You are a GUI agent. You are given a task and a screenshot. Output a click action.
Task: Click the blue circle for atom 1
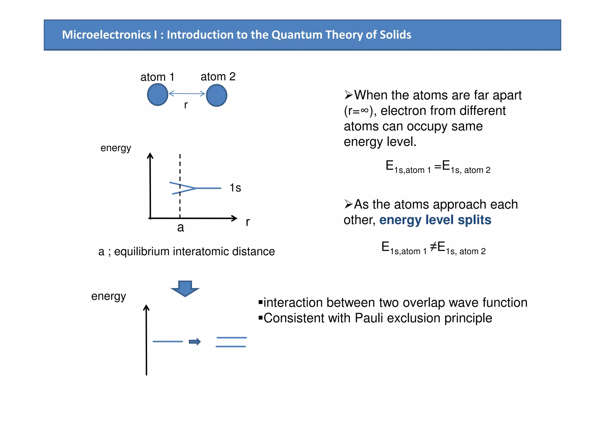tap(158, 94)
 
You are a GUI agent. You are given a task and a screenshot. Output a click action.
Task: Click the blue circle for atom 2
tap(217, 95)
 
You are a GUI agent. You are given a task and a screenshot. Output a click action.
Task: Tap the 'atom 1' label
tap(157, 77)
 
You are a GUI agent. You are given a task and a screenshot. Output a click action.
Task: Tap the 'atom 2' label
tap(218, 77)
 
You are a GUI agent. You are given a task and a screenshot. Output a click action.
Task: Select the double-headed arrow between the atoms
tap(187, 94)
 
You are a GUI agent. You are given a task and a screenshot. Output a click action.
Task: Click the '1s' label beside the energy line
tap(235, 188)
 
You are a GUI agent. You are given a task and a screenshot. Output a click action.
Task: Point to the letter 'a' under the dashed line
tap(180, 228)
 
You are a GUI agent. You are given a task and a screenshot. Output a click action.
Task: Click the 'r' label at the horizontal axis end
tap(248, 222)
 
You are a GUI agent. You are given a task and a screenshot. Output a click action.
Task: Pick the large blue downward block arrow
tap(185, 288)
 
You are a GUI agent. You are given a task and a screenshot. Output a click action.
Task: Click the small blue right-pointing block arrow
tap(195, 342)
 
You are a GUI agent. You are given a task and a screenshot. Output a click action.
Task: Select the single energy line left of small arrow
tap(167, 341)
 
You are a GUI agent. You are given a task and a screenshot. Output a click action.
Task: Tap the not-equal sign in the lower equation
tap(433, 246)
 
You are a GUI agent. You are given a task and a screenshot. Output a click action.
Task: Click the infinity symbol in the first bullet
tap(365, 111)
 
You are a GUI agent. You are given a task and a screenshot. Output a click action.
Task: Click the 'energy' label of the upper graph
tap(116, 148)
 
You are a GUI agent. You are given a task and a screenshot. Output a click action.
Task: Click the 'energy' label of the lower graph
tap(109, 296)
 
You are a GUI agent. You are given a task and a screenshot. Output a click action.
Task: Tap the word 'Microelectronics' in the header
tap(107, 35)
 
